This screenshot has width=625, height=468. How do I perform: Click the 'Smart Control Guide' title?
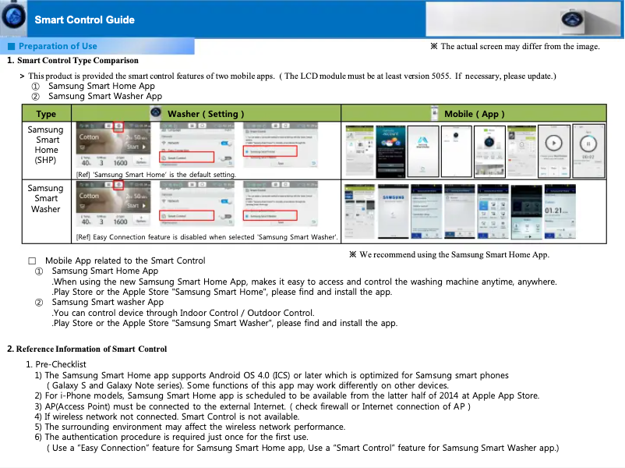pyautogui.click(x=84, y=19)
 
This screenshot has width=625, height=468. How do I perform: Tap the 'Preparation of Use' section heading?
pyautogui.click(x=58, y=46)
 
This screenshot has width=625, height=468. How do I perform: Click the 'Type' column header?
pyautogui.click(x=46, y=114)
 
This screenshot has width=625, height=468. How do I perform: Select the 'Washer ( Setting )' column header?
pyautogui.click(x=206, y=114)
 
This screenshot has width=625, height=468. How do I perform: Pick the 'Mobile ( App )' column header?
pyautogui.click(x=474, y=114)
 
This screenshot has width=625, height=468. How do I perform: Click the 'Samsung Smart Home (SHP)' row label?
pyautogui.click(x=46, y=145)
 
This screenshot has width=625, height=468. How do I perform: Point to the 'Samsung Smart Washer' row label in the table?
pyautogui.click(x=46, y=199)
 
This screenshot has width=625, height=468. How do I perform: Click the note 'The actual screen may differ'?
pyautogui.click(x=515, y=47)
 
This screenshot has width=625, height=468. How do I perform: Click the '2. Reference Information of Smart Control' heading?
pyautogui.click(x=87, y=349)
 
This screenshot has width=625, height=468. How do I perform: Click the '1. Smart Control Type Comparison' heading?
pyautogui.click(x=72, y=60)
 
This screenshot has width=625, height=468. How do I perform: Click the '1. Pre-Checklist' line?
pyautogui.click(x=56, y=364)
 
